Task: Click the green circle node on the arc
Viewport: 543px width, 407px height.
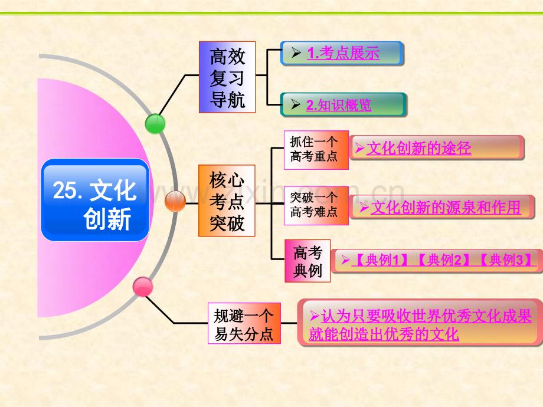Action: click(155, 123)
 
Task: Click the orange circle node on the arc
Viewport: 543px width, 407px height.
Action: click(175, 201)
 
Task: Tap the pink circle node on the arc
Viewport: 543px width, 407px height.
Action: click(143, 287)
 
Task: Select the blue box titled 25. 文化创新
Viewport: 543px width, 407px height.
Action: click(95, 200)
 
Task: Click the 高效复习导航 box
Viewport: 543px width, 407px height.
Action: click(227, 77)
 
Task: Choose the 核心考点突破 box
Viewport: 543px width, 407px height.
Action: click(227, 201)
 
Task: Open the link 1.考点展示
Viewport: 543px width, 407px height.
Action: click(343, 53)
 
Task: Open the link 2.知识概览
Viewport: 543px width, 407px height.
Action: click(339, 105)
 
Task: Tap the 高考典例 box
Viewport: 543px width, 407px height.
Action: click(308, 261)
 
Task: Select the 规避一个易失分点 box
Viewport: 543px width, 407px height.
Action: click(244, 324)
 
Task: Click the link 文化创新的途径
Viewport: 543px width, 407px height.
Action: click(418, 148)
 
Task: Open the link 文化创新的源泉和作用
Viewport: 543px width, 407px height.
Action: click(446, 207)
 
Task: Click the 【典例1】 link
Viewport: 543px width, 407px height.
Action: click(380, 260)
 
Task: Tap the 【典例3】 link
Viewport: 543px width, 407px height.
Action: click(507, 260)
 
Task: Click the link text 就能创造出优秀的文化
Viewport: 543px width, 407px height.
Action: click(384, 334)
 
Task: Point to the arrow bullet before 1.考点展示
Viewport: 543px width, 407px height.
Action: click(296, 53)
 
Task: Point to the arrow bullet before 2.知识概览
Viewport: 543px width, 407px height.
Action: click(296, 105)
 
